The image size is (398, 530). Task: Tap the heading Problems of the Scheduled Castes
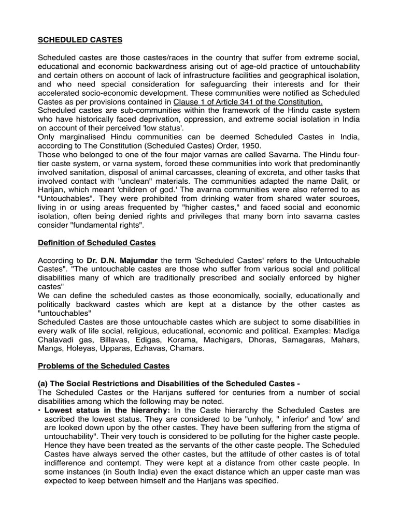click(104, 366)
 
